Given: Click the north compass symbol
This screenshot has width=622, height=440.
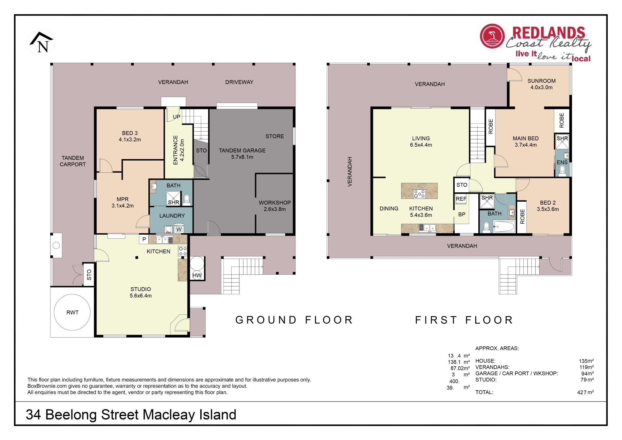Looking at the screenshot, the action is [x=42, y=43].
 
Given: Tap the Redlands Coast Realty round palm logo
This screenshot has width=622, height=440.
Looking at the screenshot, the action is [x=492, y=36].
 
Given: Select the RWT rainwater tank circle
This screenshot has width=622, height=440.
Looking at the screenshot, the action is [x=72, y=312].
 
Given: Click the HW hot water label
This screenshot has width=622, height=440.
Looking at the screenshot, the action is [x=197, y=275].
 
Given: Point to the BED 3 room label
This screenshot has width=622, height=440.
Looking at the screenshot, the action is [x=130, y=133].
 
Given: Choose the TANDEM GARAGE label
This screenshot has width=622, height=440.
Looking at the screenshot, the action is [x=242, y=150].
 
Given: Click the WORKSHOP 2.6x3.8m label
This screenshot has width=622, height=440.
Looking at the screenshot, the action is [x=275, y=206].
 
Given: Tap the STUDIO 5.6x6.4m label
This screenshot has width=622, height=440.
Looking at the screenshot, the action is [x=141, y=292].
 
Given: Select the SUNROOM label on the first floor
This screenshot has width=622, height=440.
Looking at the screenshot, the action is [x=541, y=81].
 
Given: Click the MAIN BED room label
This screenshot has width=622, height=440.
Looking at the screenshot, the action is [x=526, y=138].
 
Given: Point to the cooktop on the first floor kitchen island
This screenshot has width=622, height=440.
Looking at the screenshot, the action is [x=419, y=194].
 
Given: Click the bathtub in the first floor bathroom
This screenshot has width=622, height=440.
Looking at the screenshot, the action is [x=504, y=226].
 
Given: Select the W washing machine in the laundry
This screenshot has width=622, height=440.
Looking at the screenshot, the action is [x=179, y=229].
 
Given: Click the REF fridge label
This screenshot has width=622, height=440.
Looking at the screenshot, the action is [x=461, y=199].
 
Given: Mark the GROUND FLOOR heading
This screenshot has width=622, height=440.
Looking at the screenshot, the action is [x=294, y=320].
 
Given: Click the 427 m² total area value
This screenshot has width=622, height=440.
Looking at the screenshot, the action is [x=585, y=392].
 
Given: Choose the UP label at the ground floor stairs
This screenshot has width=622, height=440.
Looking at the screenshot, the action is [x=176, y=117].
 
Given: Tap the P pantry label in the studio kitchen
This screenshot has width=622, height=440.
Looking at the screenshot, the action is [x=144, y=239].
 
